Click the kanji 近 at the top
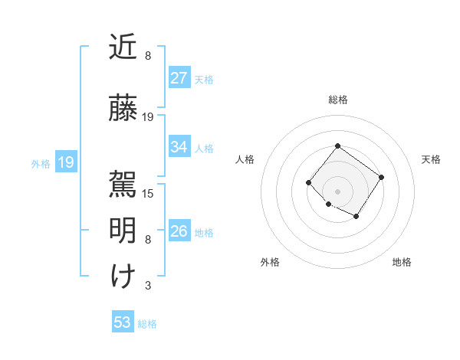[123, 48]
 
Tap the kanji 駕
[123, 182]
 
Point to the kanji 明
[123, 230]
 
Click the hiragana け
[123, 276]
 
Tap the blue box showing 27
[179, 78]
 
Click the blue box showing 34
[179, 147]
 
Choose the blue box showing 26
[179, 231]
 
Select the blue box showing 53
[122, 322]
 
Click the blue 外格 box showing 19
[65, 162]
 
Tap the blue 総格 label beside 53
[147, 324]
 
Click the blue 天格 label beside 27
[203, 79]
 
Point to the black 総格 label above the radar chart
[337, 100]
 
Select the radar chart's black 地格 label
[402, 262]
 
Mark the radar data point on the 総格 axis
[337, 146]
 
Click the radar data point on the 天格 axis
[381, 177]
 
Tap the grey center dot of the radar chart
[337, 191]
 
